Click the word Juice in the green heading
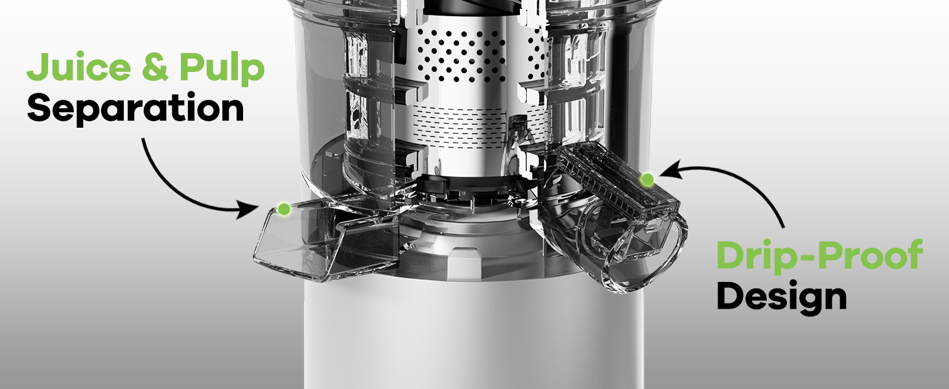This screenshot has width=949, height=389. click(79, 67)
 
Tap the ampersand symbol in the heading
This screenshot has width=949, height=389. click(156, 67)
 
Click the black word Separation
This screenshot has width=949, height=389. click(135, 109)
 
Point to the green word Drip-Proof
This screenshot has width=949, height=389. click(819, 255)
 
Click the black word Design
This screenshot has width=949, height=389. click(782, 297)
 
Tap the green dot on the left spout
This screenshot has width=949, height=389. click(284, 209)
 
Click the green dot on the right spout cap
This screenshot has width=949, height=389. click(647, 180)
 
